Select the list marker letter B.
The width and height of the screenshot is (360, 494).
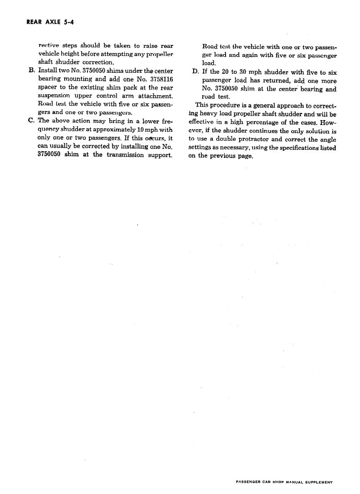31,71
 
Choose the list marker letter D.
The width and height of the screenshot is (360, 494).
195,72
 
